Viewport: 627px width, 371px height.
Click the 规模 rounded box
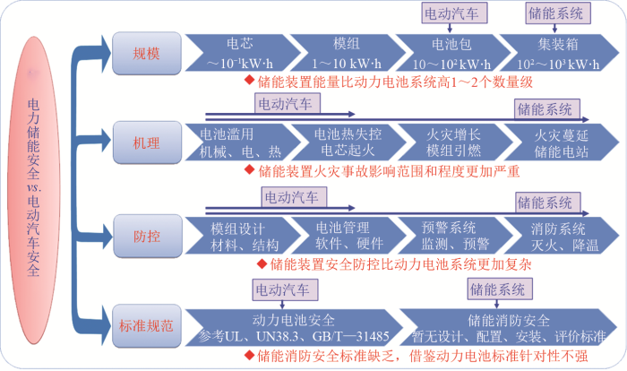tap(146, 53)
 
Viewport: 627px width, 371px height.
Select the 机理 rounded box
tap(147, 142)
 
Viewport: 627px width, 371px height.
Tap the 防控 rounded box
tap(147, 236)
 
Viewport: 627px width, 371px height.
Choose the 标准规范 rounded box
tap(146, 326)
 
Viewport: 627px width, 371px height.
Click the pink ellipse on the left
tap(34, 190)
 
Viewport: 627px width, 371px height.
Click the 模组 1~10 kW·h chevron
tap(348, 53)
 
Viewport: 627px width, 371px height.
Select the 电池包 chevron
tap(452, 53)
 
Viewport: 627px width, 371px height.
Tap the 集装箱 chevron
tap(559, 53)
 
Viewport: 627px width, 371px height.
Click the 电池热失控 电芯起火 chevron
tap(348, 142)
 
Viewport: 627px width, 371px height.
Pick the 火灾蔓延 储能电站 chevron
tap(561, 142)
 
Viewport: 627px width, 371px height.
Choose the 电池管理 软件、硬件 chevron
tap(348, 236)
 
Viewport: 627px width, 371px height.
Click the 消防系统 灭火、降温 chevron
tap(561, 236)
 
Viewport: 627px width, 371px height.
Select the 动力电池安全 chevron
tap(293, 327)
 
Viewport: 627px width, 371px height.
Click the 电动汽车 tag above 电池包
tap(455, 13)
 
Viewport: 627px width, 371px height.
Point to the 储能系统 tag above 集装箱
tap(558, 13)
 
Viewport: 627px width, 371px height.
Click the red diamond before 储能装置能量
tap(250, 80)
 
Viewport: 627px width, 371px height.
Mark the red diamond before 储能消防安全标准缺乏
tap(250, 355)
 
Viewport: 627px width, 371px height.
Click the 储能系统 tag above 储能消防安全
tap(500, 289)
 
